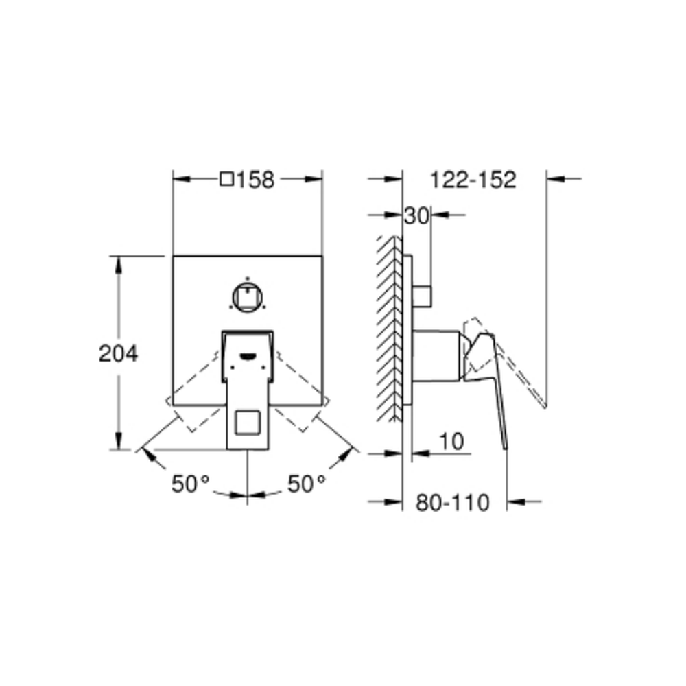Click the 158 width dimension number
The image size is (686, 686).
pos(255,180)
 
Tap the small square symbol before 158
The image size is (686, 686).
pos(226,179)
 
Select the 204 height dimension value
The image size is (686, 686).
pos(118,353)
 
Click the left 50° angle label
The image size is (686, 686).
pos(190,484)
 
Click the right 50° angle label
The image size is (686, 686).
pos(307,484)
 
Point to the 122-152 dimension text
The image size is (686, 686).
pos(473,180)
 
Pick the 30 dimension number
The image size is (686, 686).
pos(416,215)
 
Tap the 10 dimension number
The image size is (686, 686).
pos(451,441)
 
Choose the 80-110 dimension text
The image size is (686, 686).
pos(452,503)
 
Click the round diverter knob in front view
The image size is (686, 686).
pos(248,298)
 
